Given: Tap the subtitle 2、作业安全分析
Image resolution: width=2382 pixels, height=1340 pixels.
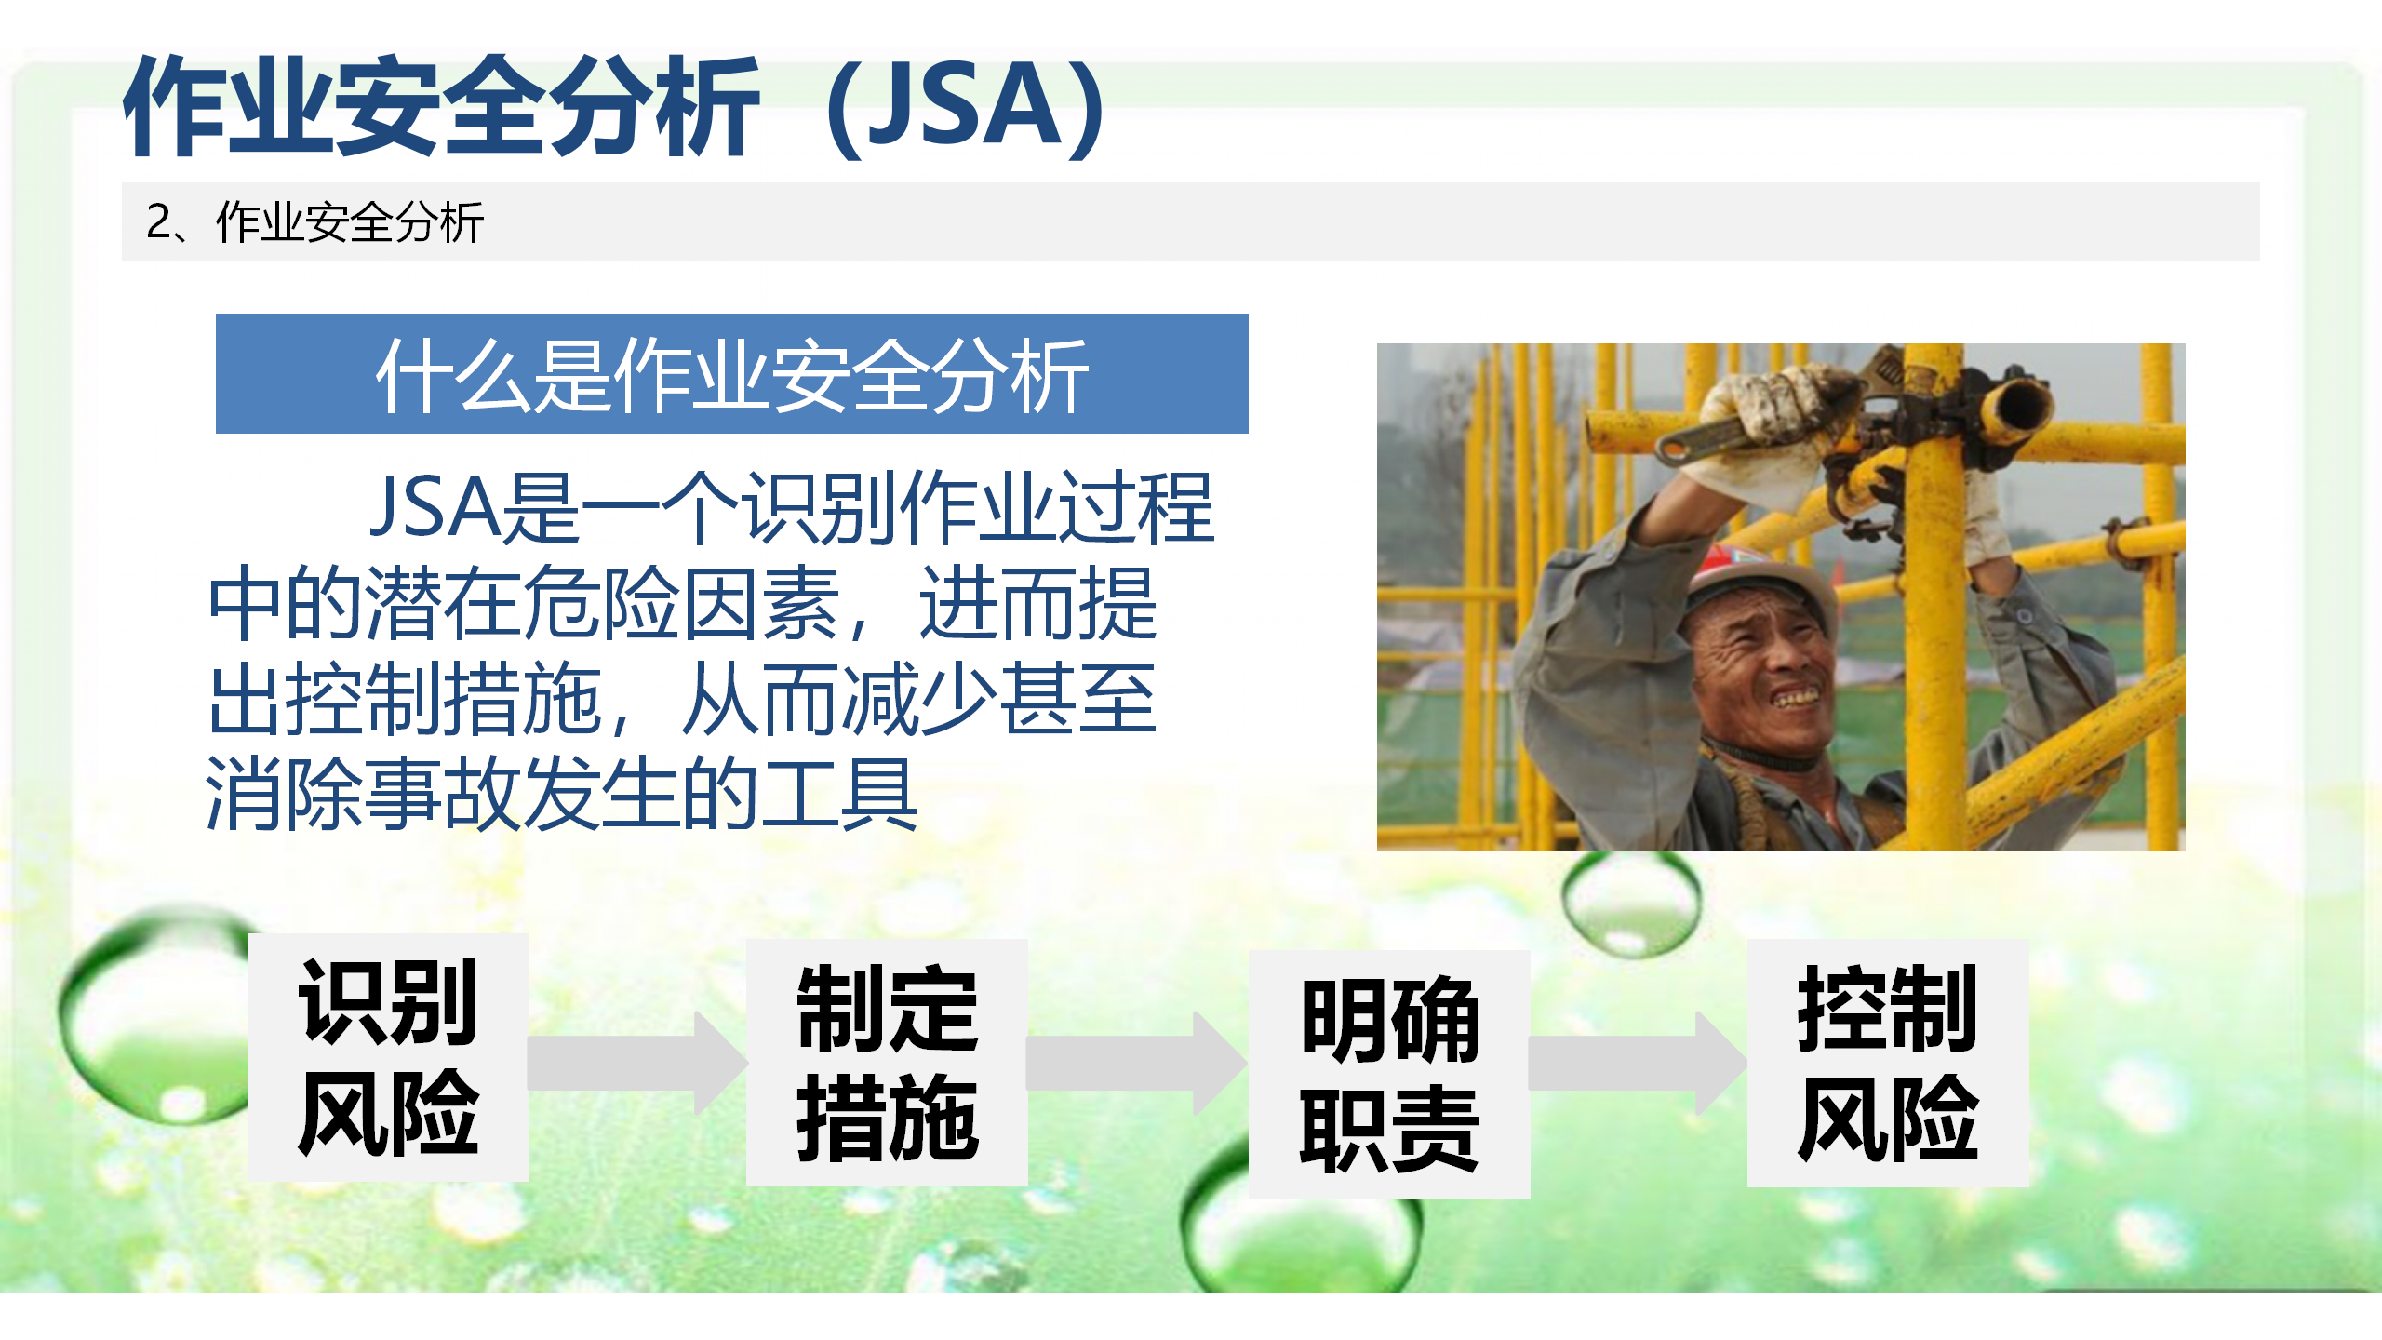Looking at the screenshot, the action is (x=314, y=222).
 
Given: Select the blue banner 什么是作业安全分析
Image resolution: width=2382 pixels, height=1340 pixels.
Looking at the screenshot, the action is (x=731, y=373).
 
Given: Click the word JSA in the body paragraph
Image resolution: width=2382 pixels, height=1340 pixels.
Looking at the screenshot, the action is (x=435, y=507).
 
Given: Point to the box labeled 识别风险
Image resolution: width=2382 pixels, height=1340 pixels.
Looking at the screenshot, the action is (x=389, y=1057).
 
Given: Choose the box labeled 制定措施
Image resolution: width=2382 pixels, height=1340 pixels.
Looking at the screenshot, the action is (x=887, y=1062).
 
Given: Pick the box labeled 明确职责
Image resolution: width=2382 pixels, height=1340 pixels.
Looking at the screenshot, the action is (x=1389, y=1074).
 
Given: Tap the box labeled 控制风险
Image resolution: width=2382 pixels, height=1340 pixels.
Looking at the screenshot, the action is (x=1888, y=1063).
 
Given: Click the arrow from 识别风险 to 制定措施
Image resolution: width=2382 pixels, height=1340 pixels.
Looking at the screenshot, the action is (x=638, y=1063).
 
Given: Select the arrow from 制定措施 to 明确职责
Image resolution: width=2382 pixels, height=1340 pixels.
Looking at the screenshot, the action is (x=1137, y=1063).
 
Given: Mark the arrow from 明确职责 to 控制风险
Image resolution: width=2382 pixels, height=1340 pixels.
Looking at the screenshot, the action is (x=1638, y=1063).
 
